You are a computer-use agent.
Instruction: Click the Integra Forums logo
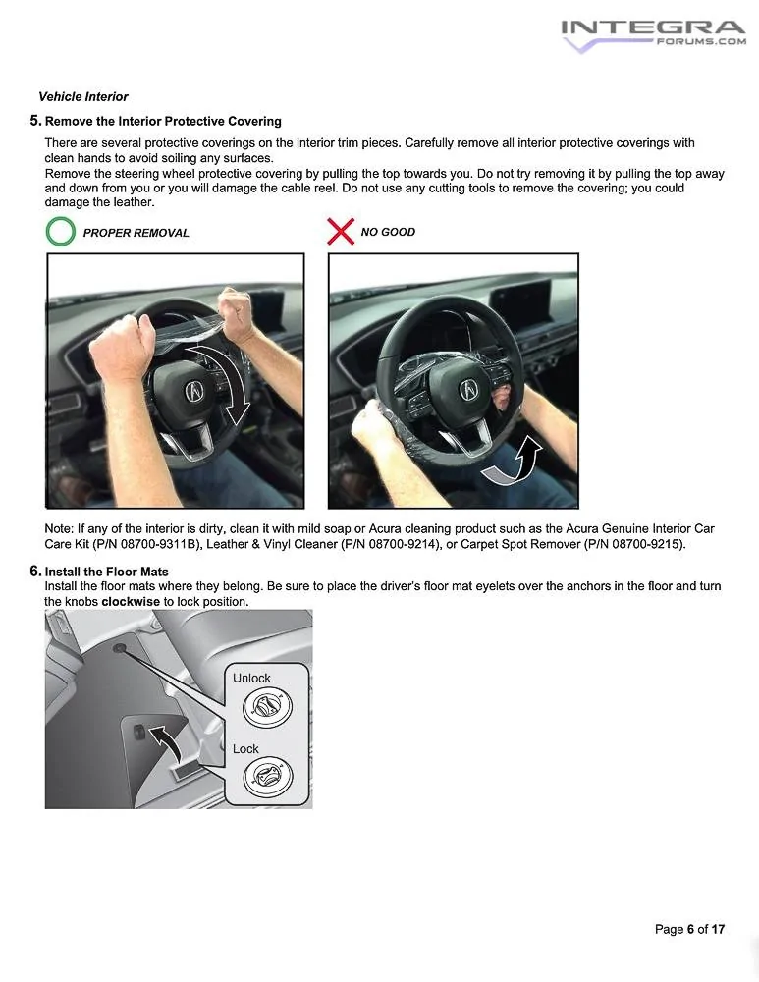[x=652, y=34]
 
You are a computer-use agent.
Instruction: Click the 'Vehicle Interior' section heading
[x=83, y=97]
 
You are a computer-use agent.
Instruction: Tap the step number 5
[x=35, y=121]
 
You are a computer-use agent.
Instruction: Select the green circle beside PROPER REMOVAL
[x=61, y=233]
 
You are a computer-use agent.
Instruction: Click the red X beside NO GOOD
[x=340, y=232]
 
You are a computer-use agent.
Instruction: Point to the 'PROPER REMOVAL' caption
[x=136, y=233]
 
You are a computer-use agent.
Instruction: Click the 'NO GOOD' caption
[x=388, y=232]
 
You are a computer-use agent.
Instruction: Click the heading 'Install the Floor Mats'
[x=107, y=572]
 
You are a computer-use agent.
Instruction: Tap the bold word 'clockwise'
[x=131, y=601]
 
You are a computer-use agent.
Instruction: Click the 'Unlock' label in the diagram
[x=251, y=679]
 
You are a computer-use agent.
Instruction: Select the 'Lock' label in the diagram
[x=245, y=749]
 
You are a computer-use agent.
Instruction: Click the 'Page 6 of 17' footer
[x=689, y=929]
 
